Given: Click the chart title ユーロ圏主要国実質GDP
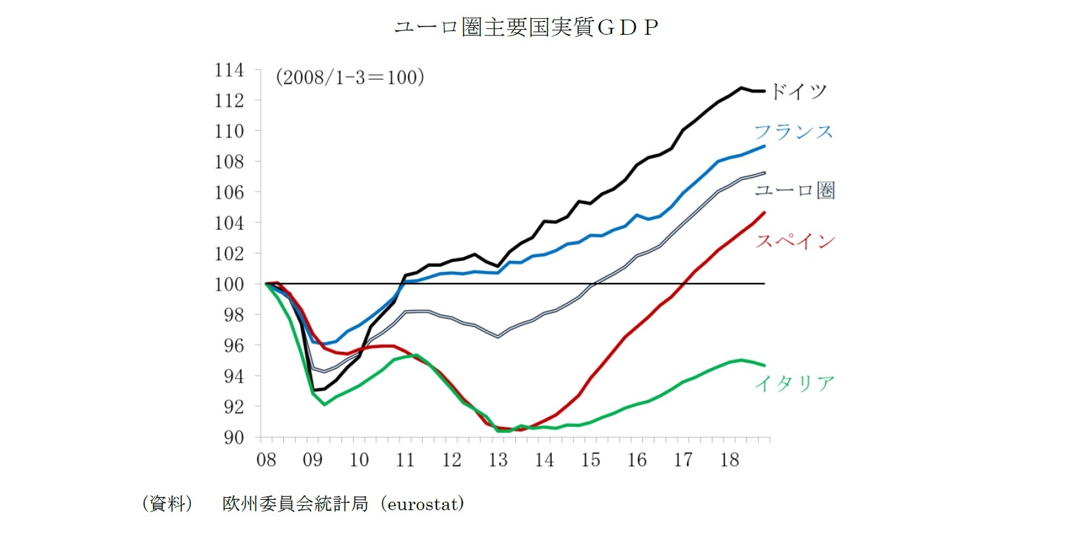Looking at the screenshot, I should coord(526,27).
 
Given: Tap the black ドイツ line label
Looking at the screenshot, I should coord(798,91).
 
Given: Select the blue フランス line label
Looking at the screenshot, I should coord(793,132).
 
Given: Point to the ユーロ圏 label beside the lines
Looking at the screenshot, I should coord(795,190).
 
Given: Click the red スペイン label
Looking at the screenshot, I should coord(795,241).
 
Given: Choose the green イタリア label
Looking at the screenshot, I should coord(795,384).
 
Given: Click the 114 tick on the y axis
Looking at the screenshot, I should coord(229,70).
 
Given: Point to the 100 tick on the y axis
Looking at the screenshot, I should coord(229,284).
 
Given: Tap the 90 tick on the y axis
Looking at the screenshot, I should coord(234,437).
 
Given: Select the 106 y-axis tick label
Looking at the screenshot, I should coord(229,192).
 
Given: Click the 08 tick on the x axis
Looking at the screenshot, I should coord(266,460).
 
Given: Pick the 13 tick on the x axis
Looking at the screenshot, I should coord(498,460).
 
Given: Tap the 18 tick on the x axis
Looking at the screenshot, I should coord(729,460).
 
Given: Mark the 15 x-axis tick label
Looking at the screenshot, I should coord(590,460).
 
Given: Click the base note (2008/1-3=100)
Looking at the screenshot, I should coord(350,77).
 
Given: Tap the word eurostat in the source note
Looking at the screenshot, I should coord(423,504).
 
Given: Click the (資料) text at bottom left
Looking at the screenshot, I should coord(167,504).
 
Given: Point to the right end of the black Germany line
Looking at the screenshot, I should coord(764,91).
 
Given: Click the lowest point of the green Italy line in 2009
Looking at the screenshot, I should coord(324,405).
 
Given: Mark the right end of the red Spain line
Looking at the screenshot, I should coord(764,212).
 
